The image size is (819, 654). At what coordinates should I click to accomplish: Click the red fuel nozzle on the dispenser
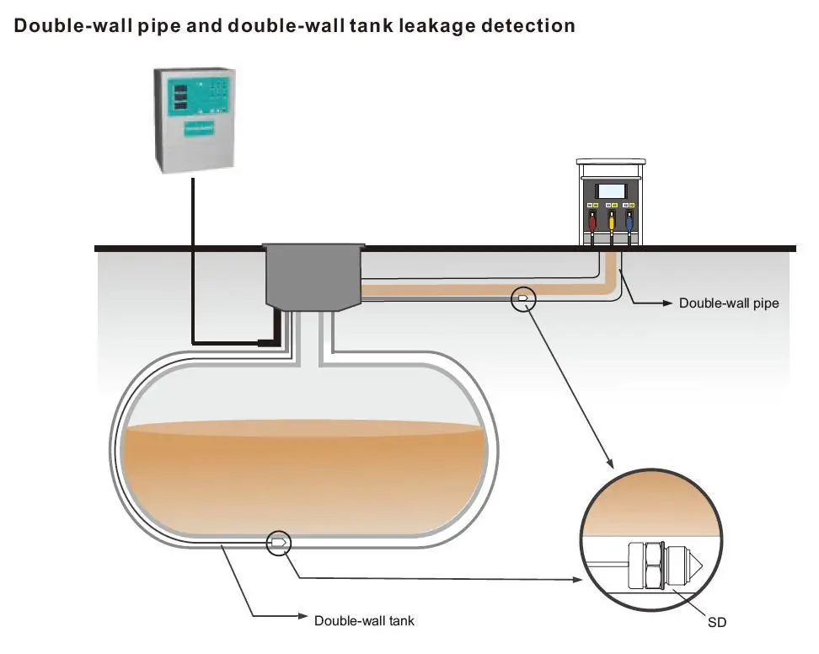click(x=593, y=223)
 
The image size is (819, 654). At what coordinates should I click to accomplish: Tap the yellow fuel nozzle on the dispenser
click(x=612, y=223)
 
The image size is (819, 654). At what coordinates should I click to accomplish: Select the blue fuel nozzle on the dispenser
click(x=630, y=223)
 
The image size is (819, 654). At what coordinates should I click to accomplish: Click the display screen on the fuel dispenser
click(x=613, y=190)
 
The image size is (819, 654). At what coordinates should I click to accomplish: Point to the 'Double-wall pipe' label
click(x=729, y=303)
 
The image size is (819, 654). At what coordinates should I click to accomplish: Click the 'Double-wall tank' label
click(x=364, y=621)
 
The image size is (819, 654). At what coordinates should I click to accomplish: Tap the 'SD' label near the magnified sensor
click(x=716, y=623)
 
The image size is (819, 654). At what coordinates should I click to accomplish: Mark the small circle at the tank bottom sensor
click(x=278, y=544)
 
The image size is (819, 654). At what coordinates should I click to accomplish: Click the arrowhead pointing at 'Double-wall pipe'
click(x=666, y=303)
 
